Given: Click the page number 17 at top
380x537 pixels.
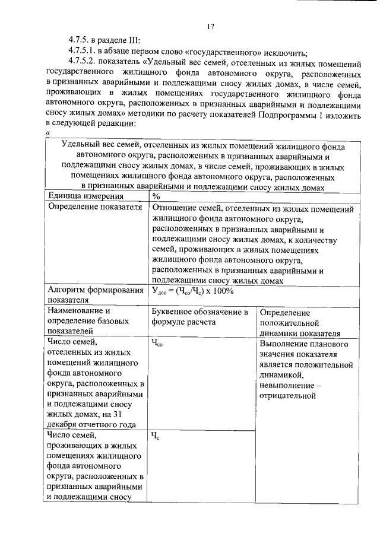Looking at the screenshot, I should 210,26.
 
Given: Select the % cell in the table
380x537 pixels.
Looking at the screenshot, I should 156,196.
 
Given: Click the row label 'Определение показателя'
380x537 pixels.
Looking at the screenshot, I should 95,208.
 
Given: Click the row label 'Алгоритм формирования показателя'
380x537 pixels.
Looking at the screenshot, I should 96,295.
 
